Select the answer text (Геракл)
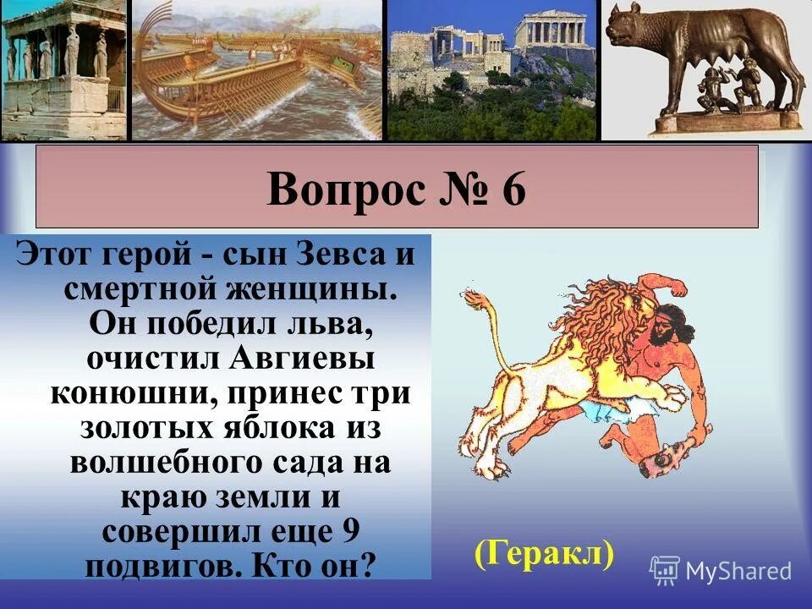[543, 554]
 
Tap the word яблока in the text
[277, 428]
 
